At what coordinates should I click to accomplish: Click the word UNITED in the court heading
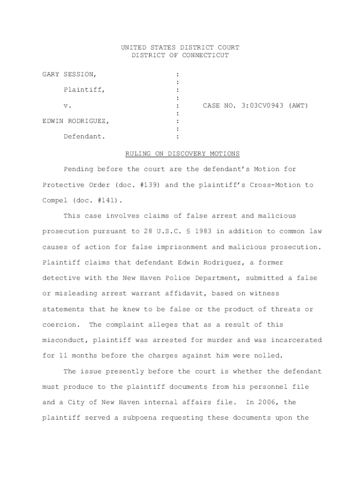pos(133,47)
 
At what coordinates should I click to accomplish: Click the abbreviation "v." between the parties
pos(67,106)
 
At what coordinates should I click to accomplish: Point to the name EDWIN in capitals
pos(52,121)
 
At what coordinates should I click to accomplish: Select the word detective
pos(61,278)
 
